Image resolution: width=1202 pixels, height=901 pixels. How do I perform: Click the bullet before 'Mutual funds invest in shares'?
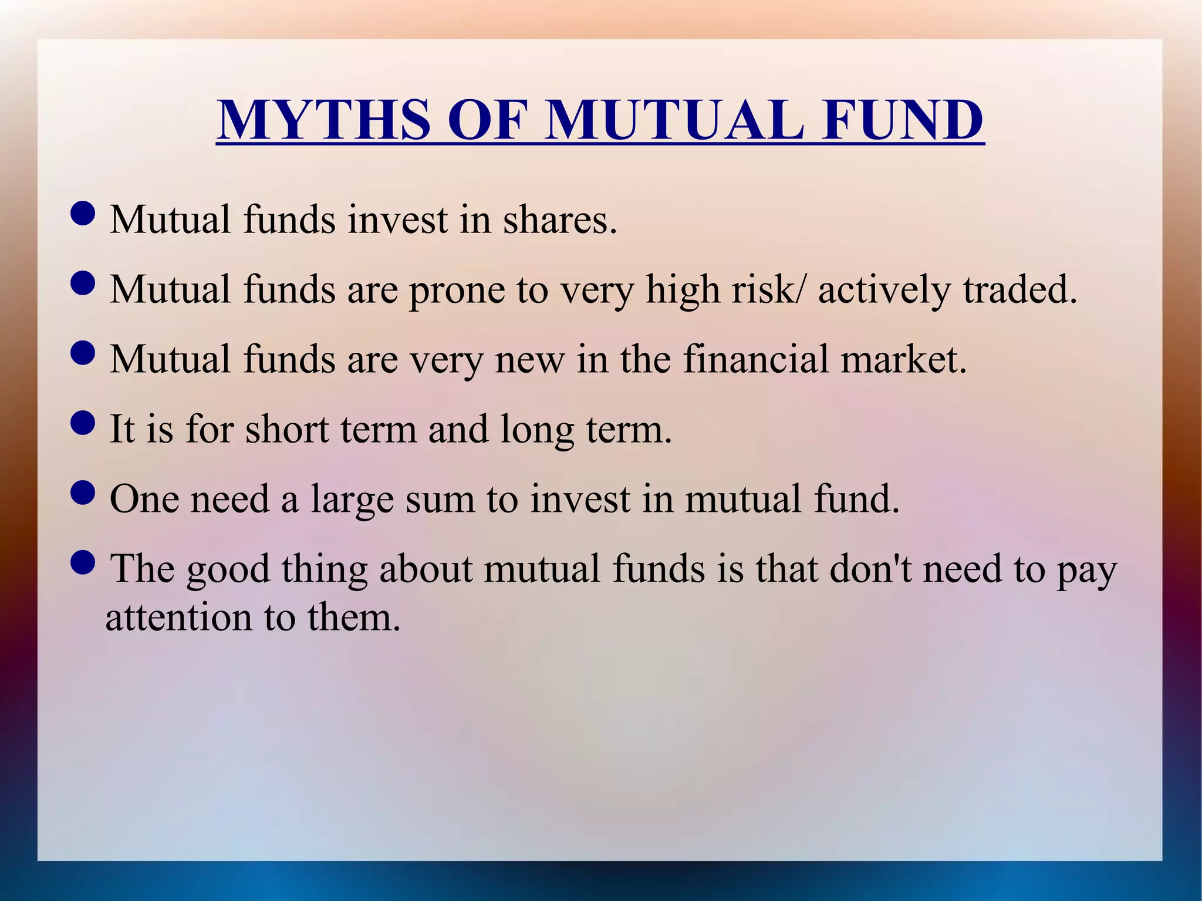tap(82, 214)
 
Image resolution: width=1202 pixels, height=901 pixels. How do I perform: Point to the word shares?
tap(560, 220)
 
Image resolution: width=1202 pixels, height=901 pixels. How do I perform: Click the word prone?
tap(457, 290)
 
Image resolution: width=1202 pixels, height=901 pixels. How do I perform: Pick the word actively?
tap(884, 290)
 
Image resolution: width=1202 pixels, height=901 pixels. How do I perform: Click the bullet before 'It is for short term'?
tap(82, 423)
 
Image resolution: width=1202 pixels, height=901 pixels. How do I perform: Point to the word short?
tap(286, 429)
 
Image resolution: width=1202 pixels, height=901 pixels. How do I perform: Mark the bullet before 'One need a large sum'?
tap(82, 492)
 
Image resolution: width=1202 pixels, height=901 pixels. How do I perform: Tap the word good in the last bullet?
tap(228, 570)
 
